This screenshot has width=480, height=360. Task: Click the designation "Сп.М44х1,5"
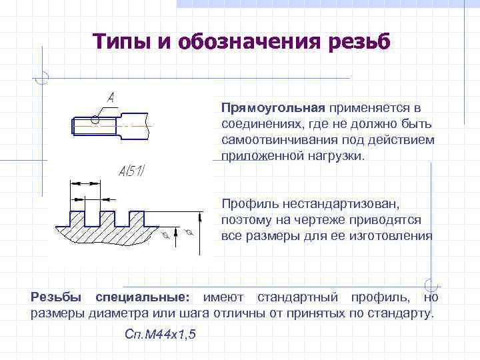pos(160,334)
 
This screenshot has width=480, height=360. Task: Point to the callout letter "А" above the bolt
pos(111,97)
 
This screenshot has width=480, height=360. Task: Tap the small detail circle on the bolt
pos(95,121)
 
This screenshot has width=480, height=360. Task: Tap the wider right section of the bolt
pos(133,123)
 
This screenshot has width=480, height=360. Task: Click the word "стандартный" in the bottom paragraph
pos(291,296)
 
